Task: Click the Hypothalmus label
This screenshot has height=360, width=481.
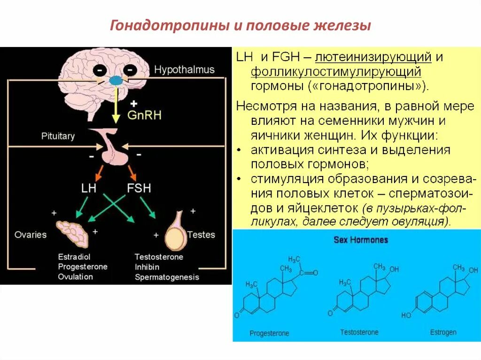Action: (x=184, y=70)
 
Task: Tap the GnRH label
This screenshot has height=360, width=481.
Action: (x=144, y=115)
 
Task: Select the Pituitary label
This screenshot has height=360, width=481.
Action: (x=58, y=136)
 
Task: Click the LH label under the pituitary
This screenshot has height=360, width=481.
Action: (x=88, y=188)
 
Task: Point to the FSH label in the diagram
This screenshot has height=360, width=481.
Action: (x=139, y=188)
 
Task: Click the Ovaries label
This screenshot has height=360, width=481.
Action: (x=31, y=234)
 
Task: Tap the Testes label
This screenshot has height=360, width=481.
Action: (x=201, y=234)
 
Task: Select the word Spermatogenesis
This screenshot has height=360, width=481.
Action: (x=167, y=277)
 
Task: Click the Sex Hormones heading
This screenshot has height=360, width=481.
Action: (x=361, y=240)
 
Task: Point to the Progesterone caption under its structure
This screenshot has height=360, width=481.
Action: (x=269, y=334)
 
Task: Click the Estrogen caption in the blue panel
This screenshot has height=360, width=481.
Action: (x=443, y=332)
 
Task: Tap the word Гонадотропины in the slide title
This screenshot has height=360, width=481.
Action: (x=168, y=26)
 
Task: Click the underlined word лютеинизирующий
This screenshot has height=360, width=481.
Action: (x=373, y=58)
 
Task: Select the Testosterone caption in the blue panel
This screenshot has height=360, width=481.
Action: (x=359, y=332)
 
